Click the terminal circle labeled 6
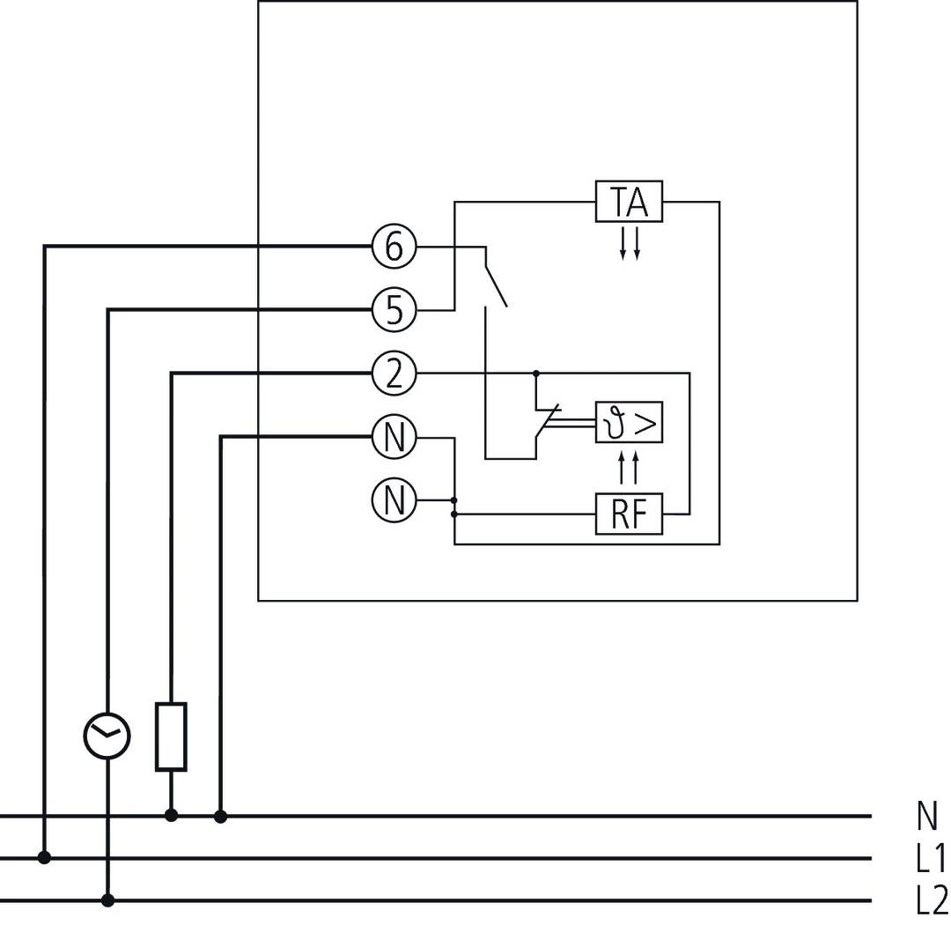[394, 247]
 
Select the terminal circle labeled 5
[394, 310]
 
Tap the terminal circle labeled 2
[394, 374]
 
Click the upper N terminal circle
[394, 437]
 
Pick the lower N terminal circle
[394, 500]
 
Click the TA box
[629, 202]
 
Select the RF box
[629, 514]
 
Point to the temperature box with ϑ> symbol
[629, 424]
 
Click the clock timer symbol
[107, 736]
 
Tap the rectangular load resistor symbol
[171, 736]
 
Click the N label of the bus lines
[926, 817]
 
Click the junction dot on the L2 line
[107, 900]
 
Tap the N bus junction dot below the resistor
[171, 816]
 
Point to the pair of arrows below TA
[630, 242]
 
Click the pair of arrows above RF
[629, 468]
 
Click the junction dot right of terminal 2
[535, 374]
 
